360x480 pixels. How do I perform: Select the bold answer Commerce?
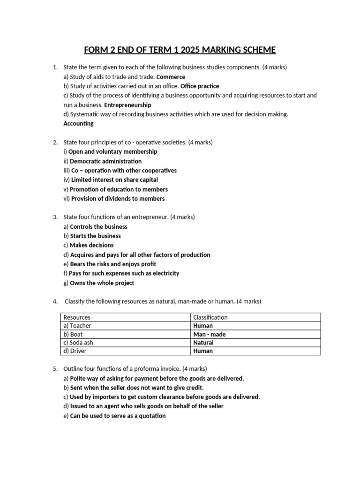click(171, 77)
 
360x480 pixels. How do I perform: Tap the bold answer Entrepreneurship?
click(127, 105)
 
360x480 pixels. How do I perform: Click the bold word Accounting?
click(78, 124)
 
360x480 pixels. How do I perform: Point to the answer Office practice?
click(200, 86)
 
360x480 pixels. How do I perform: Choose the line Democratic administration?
click(105, 161)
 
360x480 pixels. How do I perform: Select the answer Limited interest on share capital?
click(114, 180)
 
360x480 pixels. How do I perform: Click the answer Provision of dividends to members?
click(118, 199)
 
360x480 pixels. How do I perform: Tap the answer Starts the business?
click(95, 236)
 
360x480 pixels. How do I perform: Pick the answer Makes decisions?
click(91, 245)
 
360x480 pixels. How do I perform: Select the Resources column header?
click(77, 317)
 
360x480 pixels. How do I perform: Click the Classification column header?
click(210, 317)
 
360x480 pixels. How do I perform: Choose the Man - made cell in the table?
click(209, 334)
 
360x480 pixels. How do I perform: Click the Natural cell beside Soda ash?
click(203, 343)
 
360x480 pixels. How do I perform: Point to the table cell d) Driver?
click(75, 351)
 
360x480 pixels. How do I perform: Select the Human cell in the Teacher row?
click(202, 326)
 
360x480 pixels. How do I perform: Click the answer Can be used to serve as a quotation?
click(118, 416)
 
